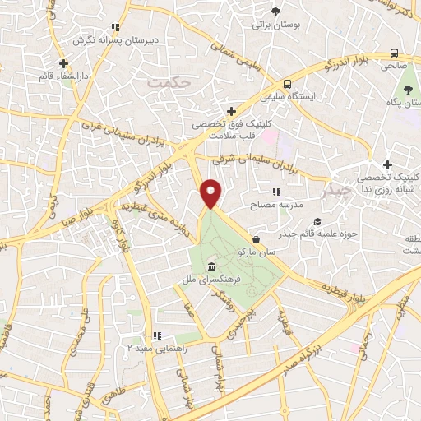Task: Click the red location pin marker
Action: (x=211, y=194)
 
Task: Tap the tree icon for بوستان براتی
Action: (x=275, y=12)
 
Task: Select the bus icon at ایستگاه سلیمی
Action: (x=287, y=84)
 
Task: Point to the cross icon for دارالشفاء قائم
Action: (x=63, y=63)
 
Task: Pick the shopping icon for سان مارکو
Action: (x=257, y=240)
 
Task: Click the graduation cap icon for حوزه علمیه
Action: (x=317, y=221)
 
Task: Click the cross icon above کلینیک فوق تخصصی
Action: (x=231, y=111)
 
